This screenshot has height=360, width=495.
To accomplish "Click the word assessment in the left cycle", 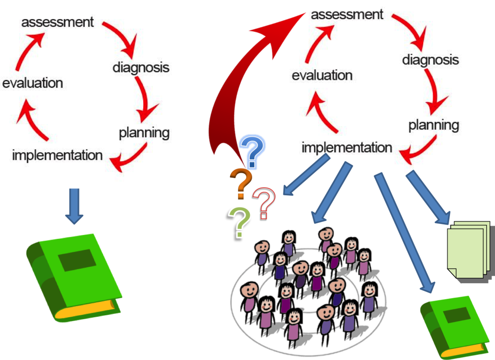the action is tap(58, 22).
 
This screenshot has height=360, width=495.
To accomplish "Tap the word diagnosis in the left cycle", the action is tap(141, 67).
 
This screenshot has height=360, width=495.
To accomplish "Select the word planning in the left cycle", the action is tap(144, 133).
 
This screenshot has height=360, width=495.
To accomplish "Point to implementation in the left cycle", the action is tap(57, 155).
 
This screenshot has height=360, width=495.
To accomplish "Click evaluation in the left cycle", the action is tap(32, 83).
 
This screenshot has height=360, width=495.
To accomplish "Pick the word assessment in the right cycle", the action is tap(347, 14).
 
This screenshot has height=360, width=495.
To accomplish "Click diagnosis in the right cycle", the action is tap(430, 60).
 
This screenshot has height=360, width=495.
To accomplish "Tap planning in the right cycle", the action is tap(433, 125).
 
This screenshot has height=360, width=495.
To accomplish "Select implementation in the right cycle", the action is tap(347, 148).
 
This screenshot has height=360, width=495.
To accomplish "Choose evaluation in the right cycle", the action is tap(322, 75).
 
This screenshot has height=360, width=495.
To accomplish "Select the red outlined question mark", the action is tap(264, 202).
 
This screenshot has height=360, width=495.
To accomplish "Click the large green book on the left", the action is tap(74, 278).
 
